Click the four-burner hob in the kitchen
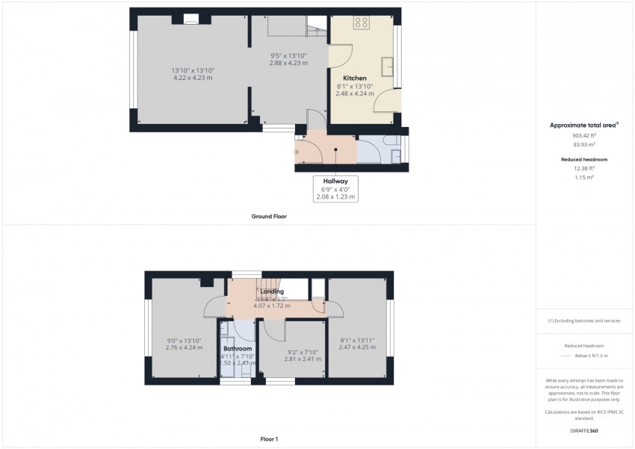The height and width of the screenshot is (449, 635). [x=362, y=22]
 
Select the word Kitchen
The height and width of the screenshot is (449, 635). [x=355, y=78]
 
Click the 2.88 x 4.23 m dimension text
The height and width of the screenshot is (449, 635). [x=288, y=63]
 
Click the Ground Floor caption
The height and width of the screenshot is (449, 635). [x=269, y=217]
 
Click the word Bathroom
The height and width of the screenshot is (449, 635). [x=238, y=349]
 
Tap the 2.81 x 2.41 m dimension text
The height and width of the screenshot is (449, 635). [x=303, y=359]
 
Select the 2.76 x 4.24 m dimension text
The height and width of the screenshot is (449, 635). [x=184, y=347]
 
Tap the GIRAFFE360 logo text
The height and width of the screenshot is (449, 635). [x=584, y=431]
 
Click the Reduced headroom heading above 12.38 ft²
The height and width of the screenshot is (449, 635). [x=585, y=160]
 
